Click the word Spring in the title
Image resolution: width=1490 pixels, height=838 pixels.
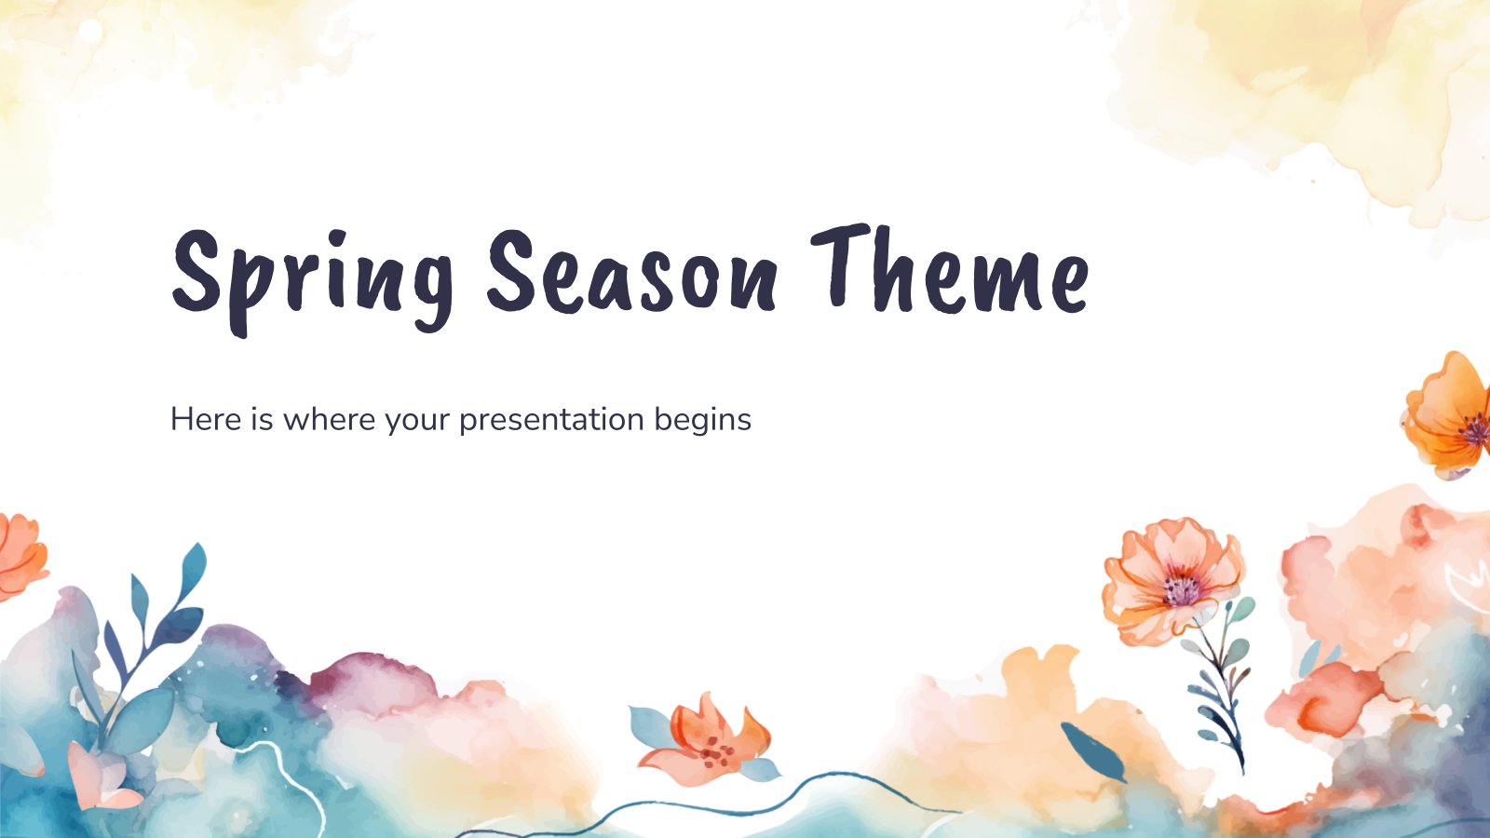click(x=312, y=275)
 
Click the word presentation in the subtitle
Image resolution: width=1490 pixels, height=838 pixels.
click(x=551, y=420)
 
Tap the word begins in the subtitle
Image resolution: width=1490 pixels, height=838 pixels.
click(x=702, y=420)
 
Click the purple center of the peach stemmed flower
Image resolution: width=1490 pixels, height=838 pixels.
click(x=1181, y=589)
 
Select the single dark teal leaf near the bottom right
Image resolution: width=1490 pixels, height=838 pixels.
click(x=1091, y=750)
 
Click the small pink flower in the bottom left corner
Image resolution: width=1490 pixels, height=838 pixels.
click(x=98, y=777)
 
